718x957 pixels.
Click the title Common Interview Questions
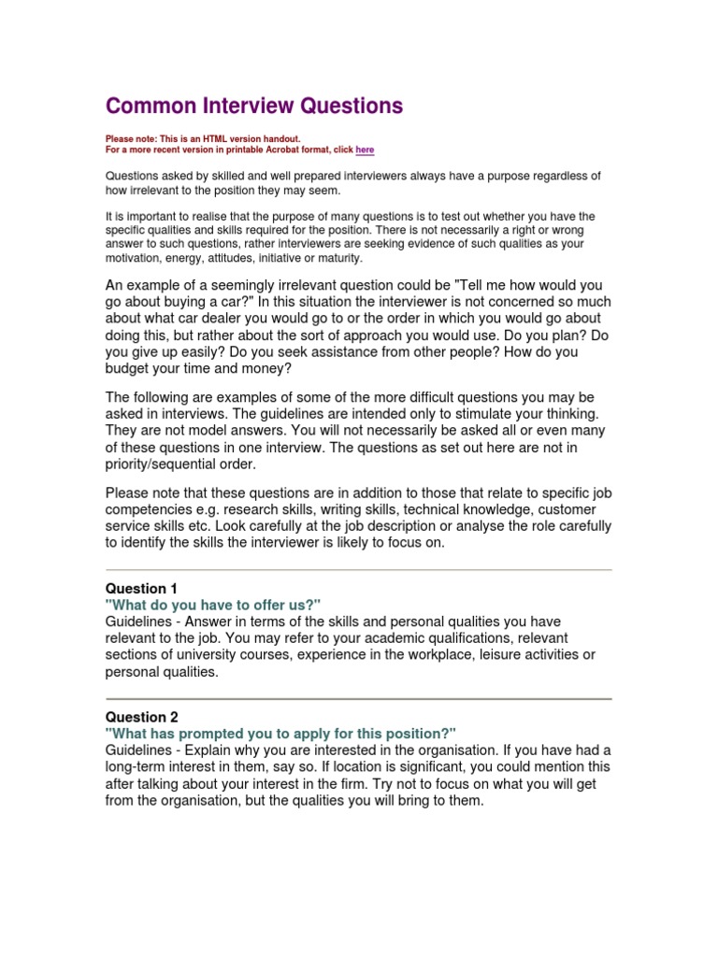coord(253,106)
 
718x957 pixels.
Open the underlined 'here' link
coord(365,150)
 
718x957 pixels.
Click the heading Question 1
coord(141,589)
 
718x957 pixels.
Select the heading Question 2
coord(141,717)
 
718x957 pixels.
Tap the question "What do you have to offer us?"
coord(213,606)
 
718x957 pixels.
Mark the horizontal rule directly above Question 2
coord(358,698)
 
